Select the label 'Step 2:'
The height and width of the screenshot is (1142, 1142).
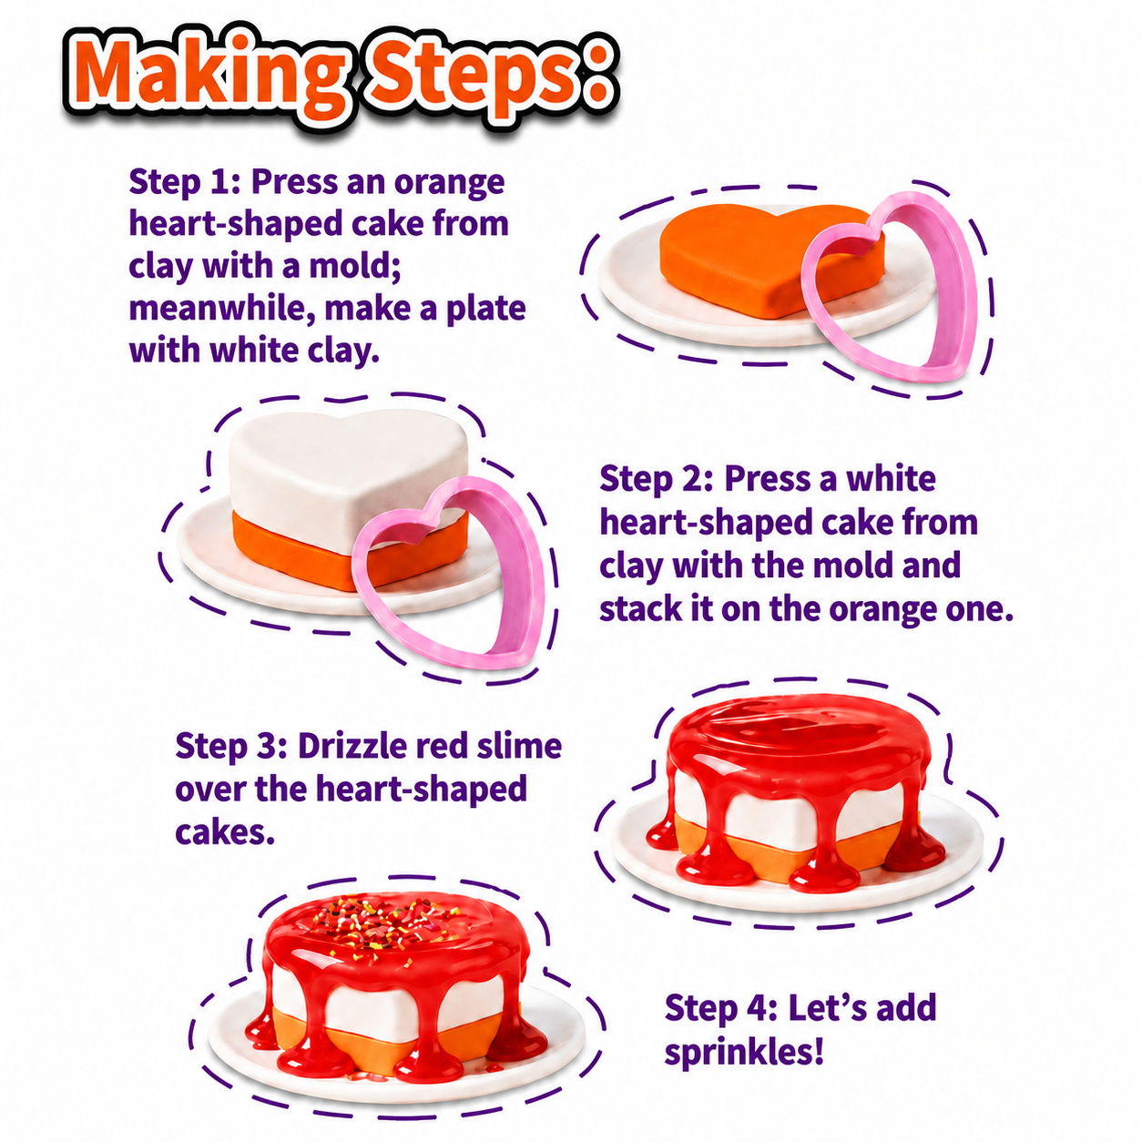(656, 479)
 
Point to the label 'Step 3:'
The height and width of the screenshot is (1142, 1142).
(231, 747)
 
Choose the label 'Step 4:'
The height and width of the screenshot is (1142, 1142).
(721, 1007)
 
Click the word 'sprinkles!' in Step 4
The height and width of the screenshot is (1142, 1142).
(744, 1053)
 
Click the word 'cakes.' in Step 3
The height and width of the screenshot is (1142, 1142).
(225, 833)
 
